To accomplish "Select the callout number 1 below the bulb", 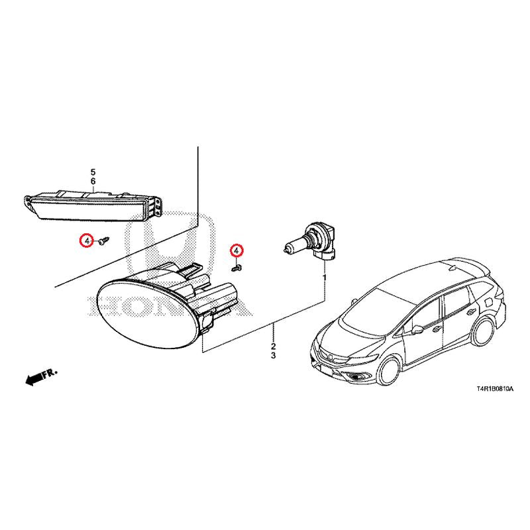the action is coord(325,278).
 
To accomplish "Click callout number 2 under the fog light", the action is coord(273,346).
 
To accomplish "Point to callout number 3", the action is coord(273,356).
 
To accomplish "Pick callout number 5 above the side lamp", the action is coord(93,172).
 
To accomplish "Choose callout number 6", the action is coord(93,181).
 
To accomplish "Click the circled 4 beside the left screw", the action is coord(87,240).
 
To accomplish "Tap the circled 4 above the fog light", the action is coord(237,250).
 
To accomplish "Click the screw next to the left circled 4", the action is coord(104,240).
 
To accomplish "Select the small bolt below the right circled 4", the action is coord(237,268).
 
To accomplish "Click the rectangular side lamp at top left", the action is coord(93,205).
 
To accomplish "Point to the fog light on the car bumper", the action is coord(356,378).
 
